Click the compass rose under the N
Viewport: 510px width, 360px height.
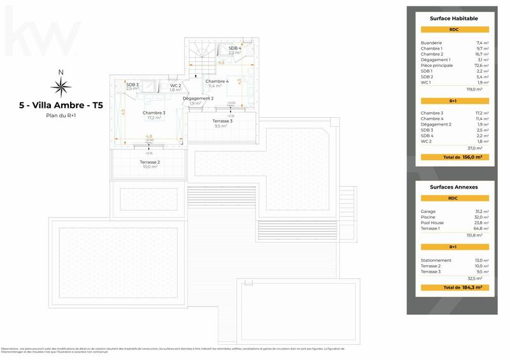pyautogui.click(x=61, y=86)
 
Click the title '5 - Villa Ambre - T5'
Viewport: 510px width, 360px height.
pyautogui.click(x=61, y=106)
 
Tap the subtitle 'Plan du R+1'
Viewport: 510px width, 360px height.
pyautogui.click(x=61, y=115)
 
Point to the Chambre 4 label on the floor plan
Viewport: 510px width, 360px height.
pyautogui.click(x=217, y=82)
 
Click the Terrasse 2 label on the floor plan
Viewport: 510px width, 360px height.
pyautogui.click(x=149, y=162)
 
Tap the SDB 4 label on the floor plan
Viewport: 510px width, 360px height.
pyautogui.click(x=235, y=48)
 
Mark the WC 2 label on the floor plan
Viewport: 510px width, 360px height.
pyautogui.click(x=175, y=85)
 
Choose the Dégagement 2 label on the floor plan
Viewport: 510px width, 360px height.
pyautogui.click(x=198, y=99)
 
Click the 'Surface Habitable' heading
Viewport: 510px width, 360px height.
pyautogui.click(x=453, y=18)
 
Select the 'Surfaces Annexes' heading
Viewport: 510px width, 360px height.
pyautogui.click(x=453, y=187)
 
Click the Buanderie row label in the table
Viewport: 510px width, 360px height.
pyautogui.click(x=432, y=43)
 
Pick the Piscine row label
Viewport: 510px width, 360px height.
pyautogui.click(x=428, y=217)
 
